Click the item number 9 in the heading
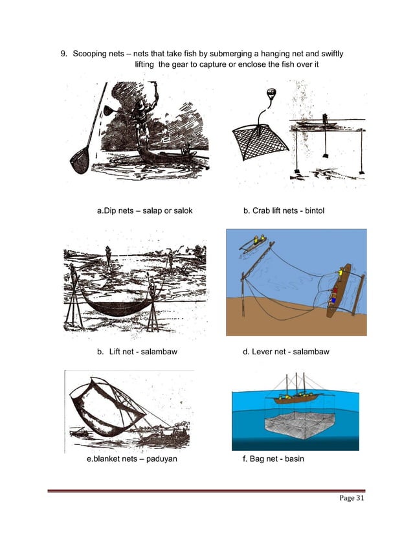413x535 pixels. [64, 53]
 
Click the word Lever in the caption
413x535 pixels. [263, 352]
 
